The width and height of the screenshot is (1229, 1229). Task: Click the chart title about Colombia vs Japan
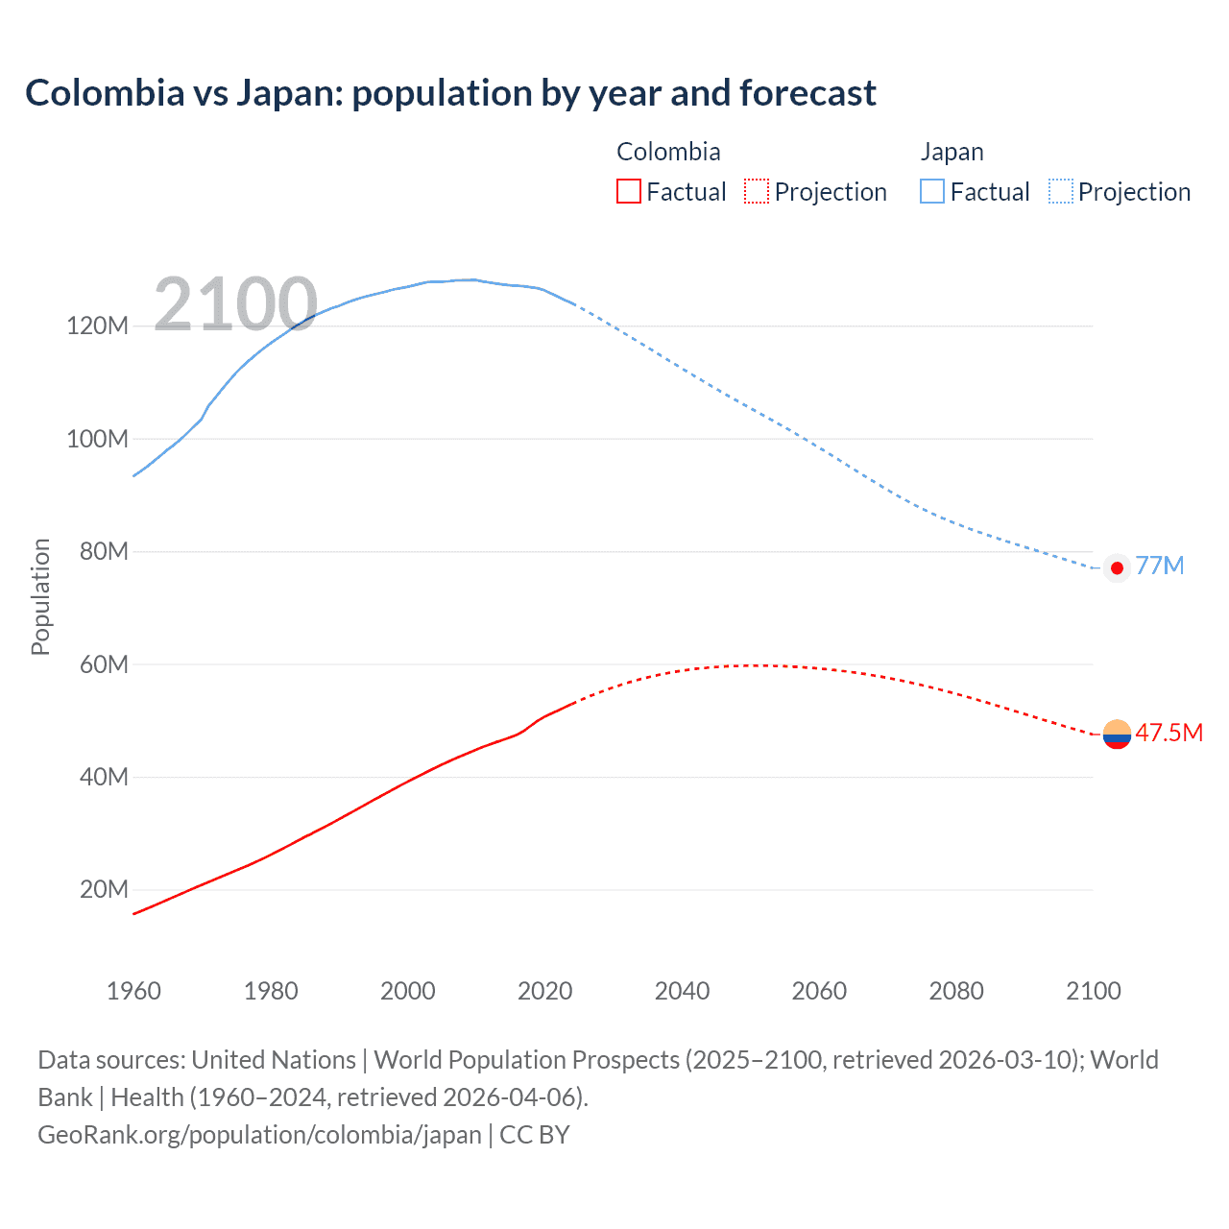click(450, 93)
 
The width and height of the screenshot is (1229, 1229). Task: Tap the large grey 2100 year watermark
click(235, 304)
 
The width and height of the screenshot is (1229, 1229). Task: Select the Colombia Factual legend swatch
click(628, 191)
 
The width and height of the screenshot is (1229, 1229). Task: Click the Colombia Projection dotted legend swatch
click(757, 191)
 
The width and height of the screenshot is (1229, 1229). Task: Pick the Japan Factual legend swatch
click(931, 191)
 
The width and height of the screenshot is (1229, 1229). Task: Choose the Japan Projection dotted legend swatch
click(1061, 191)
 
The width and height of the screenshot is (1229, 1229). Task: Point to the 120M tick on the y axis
click(98, 326)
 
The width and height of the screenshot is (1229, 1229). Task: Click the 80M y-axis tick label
click(104, 552)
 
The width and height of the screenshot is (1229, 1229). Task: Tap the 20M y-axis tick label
click(104, 890)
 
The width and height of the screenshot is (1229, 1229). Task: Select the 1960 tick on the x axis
click(133, 991)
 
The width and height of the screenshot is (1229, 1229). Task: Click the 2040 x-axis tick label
click(682, 991)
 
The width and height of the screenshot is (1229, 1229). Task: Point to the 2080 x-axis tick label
click(956, 991)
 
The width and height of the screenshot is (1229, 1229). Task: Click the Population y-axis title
click(40, 596)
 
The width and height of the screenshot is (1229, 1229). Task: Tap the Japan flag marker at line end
click(1117, 568)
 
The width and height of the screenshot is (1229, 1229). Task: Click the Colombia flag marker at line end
click(1117, 735)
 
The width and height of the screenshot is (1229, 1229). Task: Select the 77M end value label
click(1160, 566)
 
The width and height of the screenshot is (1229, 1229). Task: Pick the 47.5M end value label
click(1169, 734)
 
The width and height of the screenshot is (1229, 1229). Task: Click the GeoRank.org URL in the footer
click(259, 1135)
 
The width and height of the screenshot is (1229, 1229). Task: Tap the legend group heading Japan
click(952, 152)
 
